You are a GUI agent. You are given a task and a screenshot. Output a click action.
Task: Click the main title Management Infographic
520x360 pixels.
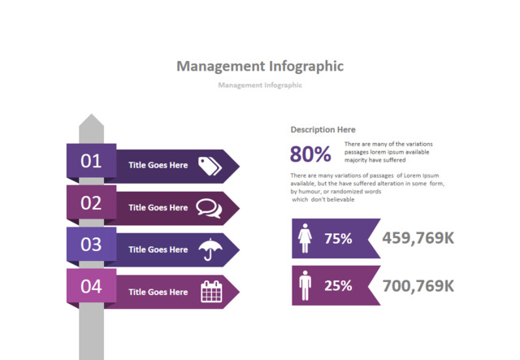click(x=260, y=66)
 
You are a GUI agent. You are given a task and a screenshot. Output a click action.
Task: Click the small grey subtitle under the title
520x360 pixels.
click(x=260, y=85)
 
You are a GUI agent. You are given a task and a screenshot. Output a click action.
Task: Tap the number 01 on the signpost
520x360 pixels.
click(x=91, y=160)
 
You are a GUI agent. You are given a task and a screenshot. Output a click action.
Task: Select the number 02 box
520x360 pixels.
click(x=91, y=202)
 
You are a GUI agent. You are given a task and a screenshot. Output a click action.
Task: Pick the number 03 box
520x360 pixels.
click(x=91, y=244)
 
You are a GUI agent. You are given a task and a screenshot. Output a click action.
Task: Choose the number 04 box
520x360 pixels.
click(x=91, y=286)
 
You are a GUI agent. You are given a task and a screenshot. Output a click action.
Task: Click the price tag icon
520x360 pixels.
click(x=210, y=165)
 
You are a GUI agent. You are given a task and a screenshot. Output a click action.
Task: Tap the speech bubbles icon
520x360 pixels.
click(x=209, y=207)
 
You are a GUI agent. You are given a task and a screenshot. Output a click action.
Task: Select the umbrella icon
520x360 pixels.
click(x=210, y=249)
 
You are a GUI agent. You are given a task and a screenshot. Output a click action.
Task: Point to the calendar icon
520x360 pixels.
click(x=210, y=292)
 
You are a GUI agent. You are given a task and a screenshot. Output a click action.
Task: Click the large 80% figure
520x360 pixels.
click(x=310, y=154)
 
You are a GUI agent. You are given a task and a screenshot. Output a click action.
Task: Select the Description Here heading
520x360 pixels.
click(x=323, y=129)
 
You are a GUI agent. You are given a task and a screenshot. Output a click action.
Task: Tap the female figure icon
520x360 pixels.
click(x=306, y=238)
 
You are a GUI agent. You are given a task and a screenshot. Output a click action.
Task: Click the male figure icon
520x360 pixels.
click(x=305, y=285)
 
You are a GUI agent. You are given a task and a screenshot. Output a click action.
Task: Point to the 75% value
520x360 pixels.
click(x=338, y=238)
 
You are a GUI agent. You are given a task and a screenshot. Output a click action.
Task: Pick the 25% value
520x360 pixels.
click(x=338, y=285)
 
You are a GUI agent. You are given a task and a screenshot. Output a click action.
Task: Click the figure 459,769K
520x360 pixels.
click(x=418, y=238)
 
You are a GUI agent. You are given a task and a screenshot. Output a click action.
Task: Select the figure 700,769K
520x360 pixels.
click(x=418, y=285)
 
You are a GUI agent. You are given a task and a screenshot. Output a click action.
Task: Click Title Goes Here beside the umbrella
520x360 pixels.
click(x=158, y=249)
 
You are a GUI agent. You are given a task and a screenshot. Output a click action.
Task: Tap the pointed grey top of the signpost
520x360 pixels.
click(x=91, y=124)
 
